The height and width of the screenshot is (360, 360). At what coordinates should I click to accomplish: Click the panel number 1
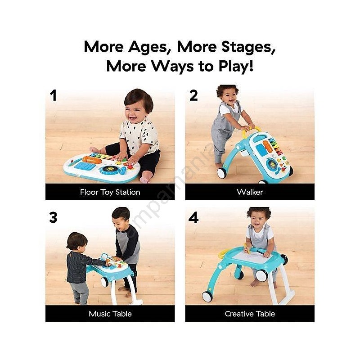[x=53, y=96]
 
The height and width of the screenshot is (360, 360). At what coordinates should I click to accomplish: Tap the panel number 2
[x=193, y=95]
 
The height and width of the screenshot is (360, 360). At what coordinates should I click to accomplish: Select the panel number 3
[x=53, y=217]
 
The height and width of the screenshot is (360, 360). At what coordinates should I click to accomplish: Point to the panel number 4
[x=193, y=218]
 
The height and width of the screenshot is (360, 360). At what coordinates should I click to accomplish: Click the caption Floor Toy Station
[x=110, y=192]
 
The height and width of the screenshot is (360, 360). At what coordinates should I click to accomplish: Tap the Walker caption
[x=250, y=192]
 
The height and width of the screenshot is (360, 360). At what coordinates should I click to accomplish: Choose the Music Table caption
[x=110, y=314]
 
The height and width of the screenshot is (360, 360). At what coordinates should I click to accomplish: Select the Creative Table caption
[x=250, y=314]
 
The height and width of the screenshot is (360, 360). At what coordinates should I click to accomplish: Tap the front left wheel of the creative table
[x=208, y=297]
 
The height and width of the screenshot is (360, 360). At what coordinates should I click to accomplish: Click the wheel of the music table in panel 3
[x=104, y=282]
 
